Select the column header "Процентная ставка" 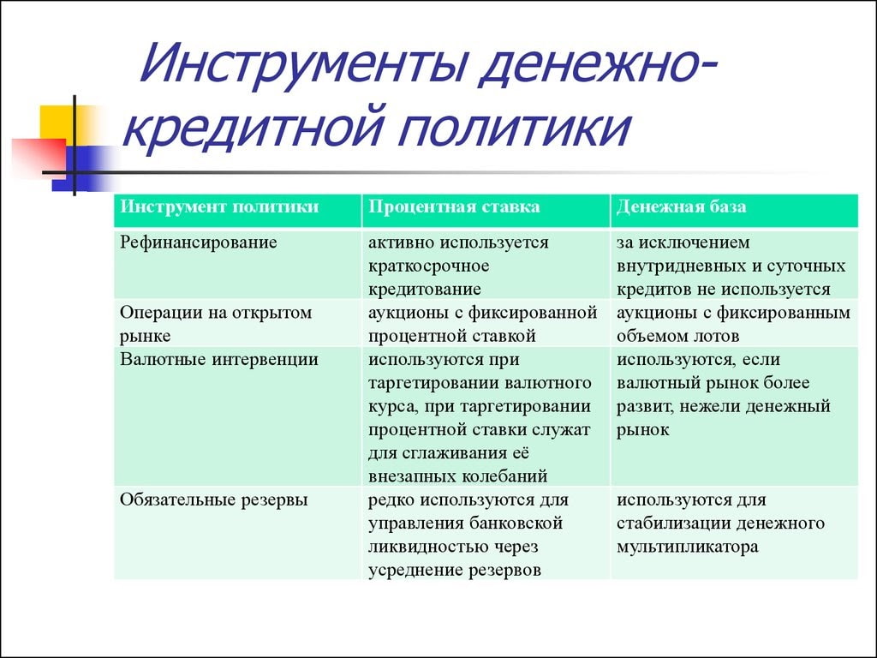454,207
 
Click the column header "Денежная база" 681,207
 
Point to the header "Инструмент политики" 219,207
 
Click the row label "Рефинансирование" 199,242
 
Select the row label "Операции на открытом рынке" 216,324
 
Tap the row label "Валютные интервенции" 219,360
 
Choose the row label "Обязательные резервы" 214,499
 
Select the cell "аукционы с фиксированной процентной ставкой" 481,324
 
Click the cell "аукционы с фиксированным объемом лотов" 733,324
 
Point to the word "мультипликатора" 687,547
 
